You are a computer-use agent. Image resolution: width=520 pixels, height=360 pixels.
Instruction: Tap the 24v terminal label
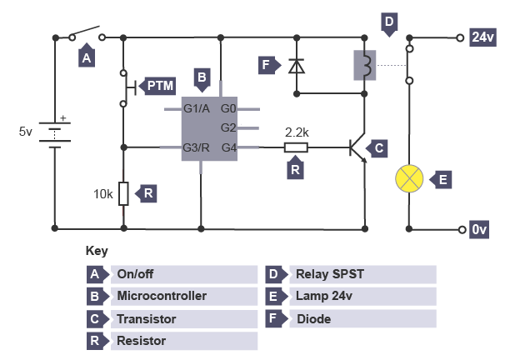[482, 37]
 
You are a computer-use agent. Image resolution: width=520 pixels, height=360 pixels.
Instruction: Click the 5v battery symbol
[55, 132]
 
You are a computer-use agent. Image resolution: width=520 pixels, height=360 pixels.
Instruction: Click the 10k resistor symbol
[123, 193]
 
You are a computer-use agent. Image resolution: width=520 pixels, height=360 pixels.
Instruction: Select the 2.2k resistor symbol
[296, 147]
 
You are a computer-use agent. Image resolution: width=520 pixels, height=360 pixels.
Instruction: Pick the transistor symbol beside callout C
[358, 148]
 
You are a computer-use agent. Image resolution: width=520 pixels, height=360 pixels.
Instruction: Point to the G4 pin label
[229, 147]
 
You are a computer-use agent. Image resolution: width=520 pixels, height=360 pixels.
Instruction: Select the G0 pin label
[229, 108]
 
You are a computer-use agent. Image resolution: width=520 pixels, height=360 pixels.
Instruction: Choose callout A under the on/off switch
[85, 57]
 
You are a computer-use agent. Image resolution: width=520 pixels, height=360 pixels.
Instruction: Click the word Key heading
[97, 251]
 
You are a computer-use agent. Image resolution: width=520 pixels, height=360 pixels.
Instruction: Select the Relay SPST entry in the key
[330, 274]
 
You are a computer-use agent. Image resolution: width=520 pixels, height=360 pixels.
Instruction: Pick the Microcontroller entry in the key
[162, 296]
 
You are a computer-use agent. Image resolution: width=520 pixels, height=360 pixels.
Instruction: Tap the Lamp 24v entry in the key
[324, 296]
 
